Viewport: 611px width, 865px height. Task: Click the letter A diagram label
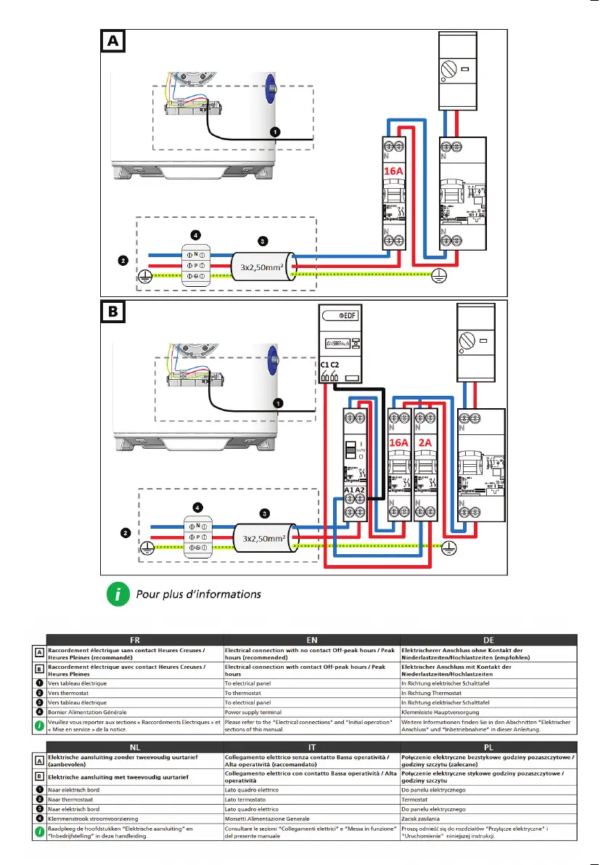(112, 42)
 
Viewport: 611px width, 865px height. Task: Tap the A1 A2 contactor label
(355, 490)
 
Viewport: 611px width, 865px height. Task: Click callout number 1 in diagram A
(275, 132)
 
